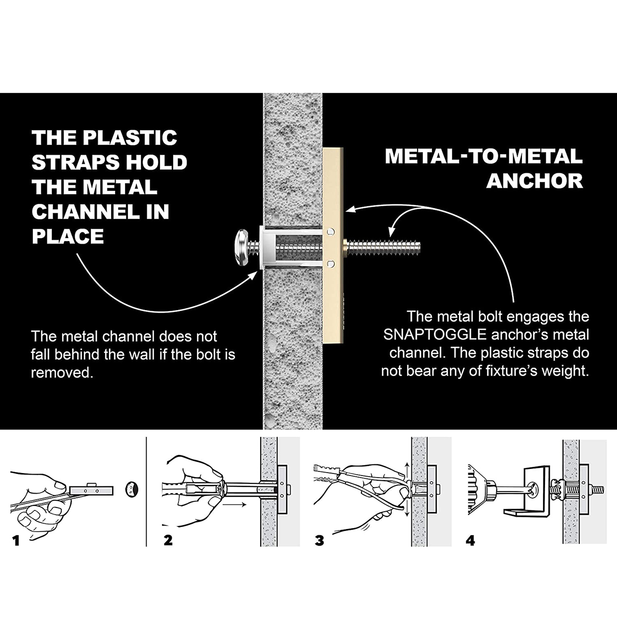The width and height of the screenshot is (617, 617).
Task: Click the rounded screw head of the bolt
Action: pyautogui.click(x=243, y=248)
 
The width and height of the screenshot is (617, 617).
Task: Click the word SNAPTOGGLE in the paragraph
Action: pyautogui.click(x=435, y=335)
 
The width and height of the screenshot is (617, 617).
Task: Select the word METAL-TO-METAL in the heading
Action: pyautogui.click(x=483, y=156)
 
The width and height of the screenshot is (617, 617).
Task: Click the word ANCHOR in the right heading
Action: pyautogui.click(x=535, y=181)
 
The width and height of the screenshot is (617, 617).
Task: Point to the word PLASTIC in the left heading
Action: pyautogui.click(x=130, y=138)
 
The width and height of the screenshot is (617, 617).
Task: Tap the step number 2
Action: pyautogui.click(x=168, y=541)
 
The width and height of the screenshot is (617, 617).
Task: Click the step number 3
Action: pyautogui.click(x=320, y=541)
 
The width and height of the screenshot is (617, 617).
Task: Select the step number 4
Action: pyautogui.click(x=470, y=541)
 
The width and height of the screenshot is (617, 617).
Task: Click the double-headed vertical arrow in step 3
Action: pyautogui.click(x=406, y=489)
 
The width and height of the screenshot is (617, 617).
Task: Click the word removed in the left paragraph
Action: pyautogui.click(x=62, y=373)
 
